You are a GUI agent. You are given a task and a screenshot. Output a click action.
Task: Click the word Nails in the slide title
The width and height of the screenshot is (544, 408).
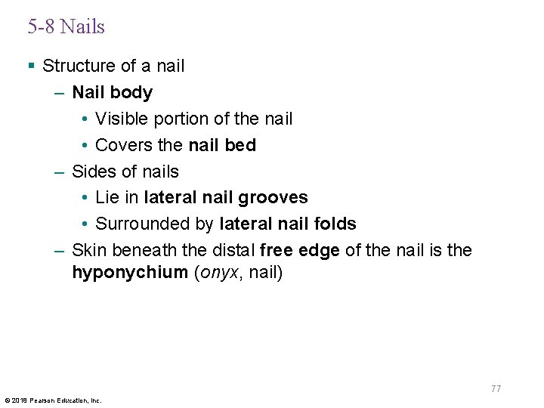click(82, 27)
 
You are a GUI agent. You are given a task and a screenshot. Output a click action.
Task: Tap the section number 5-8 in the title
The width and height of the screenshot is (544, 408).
click(42, 27)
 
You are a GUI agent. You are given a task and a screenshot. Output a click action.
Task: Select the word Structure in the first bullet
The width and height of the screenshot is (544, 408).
click(74, 66)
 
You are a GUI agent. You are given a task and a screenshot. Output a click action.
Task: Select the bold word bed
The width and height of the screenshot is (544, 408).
click(241, 145)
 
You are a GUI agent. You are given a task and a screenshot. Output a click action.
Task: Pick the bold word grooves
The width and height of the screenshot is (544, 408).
click(274, 198)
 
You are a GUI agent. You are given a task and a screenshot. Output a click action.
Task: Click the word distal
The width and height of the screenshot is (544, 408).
click(233, 250)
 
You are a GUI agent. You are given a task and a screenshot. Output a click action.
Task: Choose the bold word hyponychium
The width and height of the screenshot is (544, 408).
click(129, 273)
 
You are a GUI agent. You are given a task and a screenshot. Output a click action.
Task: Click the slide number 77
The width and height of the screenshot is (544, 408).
click(496, 389)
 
